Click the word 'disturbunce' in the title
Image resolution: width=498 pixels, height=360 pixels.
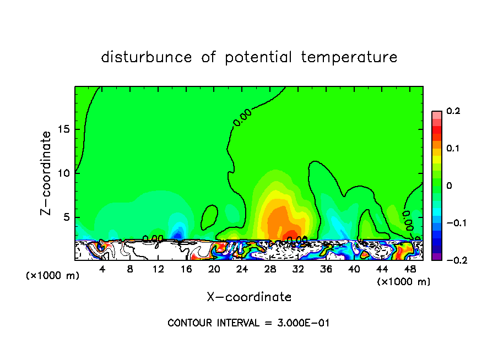(147, 57)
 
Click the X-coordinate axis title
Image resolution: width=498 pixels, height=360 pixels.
(249, 297)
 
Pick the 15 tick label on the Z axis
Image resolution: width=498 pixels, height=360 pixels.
(65, 130)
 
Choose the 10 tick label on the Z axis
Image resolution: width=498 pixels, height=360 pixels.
(65, 173)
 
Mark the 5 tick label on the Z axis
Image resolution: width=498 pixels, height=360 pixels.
(67, 217)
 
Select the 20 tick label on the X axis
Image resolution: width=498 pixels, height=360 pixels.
(214, 270)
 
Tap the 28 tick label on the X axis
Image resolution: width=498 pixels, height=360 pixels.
(270, 270)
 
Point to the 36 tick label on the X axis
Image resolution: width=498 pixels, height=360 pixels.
(326, 270)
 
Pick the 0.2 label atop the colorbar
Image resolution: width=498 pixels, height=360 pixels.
(453, 111)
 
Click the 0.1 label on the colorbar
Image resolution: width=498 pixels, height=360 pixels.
(453, 149)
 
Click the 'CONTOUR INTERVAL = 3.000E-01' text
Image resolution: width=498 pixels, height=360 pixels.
(248, 323)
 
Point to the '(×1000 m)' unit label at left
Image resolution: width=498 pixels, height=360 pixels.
(52, 275)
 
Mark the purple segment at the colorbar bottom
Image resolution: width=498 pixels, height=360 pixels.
(437, 256)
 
